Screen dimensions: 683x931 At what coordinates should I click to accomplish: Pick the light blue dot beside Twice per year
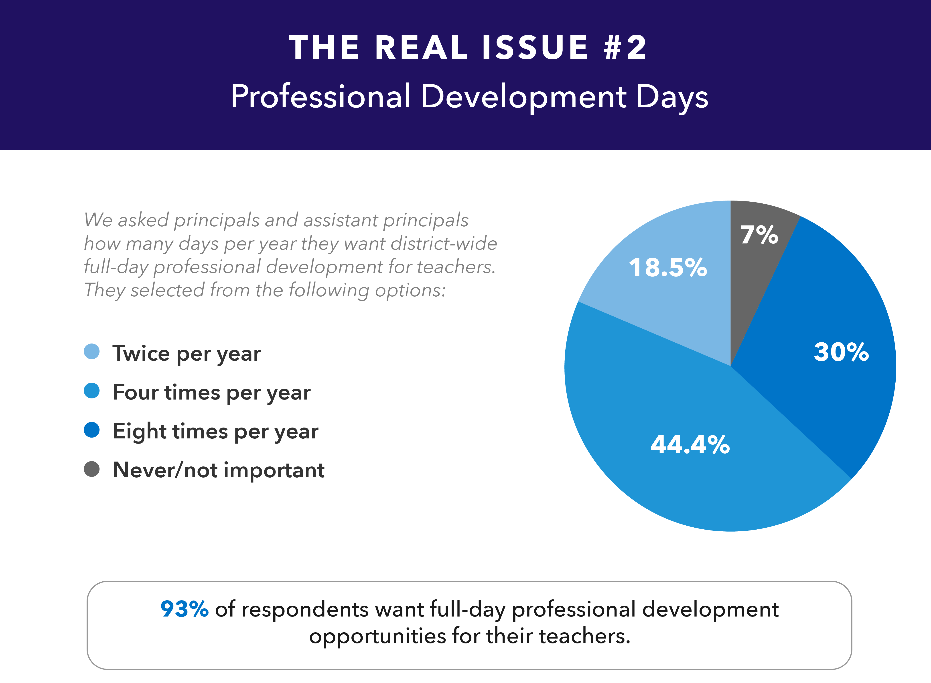(x=91, y=352)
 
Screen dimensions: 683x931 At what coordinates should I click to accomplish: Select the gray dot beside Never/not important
(x=91, y=469)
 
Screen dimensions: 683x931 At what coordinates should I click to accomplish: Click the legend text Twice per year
(x=187, y=354)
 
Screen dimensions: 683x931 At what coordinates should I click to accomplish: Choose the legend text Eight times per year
(x=216, y=432)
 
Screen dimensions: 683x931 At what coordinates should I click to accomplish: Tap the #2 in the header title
(x=625, y=48)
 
